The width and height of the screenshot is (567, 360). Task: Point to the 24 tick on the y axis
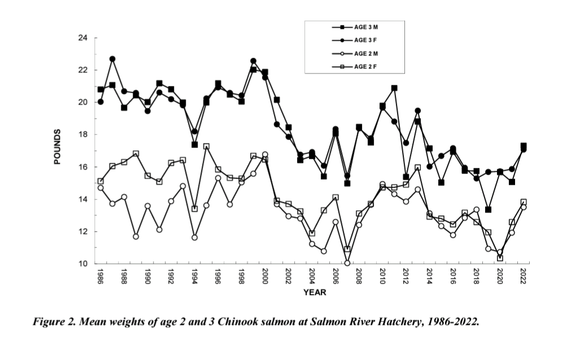(83, 38)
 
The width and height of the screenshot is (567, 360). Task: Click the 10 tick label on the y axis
(83, 264)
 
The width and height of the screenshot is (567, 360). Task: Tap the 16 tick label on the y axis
(83, 167)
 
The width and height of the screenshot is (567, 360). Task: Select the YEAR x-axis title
(315, 292)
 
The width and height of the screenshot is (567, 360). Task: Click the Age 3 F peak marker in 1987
(112, 59)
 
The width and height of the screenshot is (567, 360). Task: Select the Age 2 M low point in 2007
(347, 263)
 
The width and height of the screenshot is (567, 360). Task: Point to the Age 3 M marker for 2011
(394, 88)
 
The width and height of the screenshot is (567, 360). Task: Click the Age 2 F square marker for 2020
(500, 258)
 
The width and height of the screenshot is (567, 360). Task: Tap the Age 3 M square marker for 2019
(488, 210)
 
